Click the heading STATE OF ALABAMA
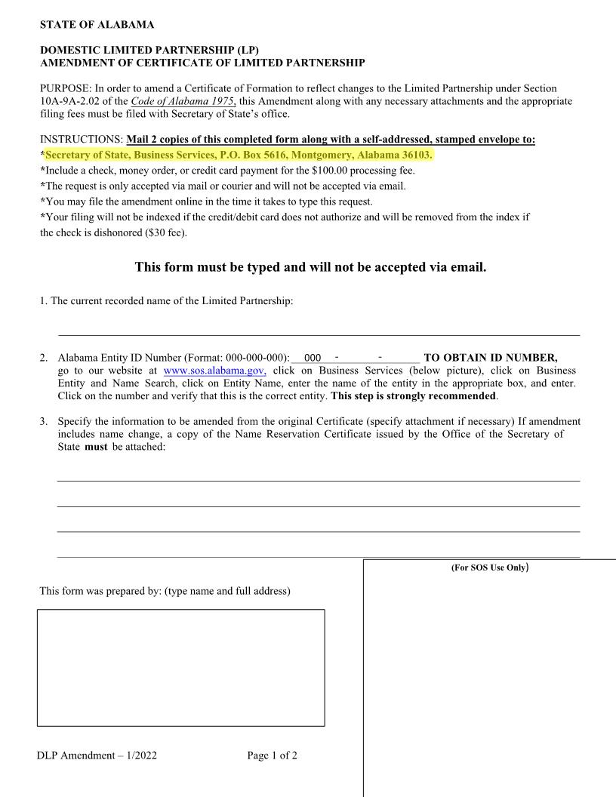click(97, 25)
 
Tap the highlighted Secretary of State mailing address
click(239, 155)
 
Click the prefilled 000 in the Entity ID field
click(313, 358)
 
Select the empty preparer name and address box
click(180, 667)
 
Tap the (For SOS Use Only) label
click(489, 567)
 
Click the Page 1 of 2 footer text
click(272, 755)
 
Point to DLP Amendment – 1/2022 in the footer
click(97, 755)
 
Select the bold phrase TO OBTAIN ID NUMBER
click(491, 358)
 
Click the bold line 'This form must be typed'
click(310, 267)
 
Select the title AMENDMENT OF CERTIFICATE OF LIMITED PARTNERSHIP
click(202, 63)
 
